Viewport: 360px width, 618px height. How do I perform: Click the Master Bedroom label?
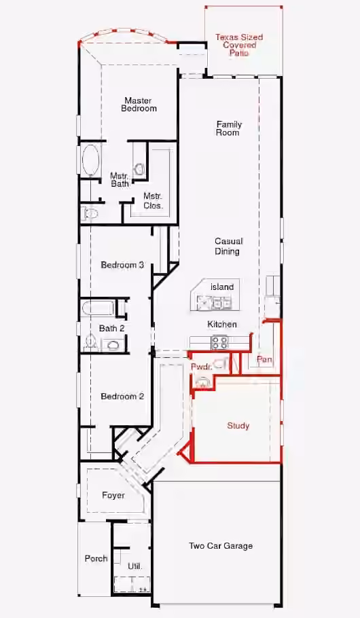pyautogui.click(x=139, y=105)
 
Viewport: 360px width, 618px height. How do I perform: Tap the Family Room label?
pyautogui.click(x=229, y=128)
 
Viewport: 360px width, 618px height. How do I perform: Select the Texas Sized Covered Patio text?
pyautogui.click(x=239, y=45)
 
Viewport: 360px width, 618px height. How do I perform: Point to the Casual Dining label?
pyautogui.click(x=228, y=246)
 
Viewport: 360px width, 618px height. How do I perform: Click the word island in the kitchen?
pyautogui.click(x=222, y=287)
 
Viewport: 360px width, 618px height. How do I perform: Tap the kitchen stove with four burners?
pyautogui.click(x=219, y=342)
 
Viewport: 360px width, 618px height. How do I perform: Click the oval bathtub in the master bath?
pyautogui.click(x=91, y=159)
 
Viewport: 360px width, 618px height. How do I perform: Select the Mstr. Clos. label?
pyautogui.click(x=153, y=200)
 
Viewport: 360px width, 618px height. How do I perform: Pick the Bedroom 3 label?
pyautogui.click(x=122, y=265)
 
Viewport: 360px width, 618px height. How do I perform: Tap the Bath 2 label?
pyautogui.click(x=112, y=328)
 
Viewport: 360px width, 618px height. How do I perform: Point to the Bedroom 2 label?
pyautogui.click(x=122, y=396)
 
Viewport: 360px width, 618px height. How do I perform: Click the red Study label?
pyautogui.click(x=238, y=426)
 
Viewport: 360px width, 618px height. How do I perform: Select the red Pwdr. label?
pyautogui.click(x=202, y=367)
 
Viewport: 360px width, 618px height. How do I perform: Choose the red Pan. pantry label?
pyautogui.click(x=264, y=359)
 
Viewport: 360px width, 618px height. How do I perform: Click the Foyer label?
pyautogui.click(x=113, y=496)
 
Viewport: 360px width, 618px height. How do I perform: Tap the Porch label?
pyautogui.click(x=96, y=558)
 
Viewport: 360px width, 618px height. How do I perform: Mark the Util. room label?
pyautogui.click(x=135, y=566)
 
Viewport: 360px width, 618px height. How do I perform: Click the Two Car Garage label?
pyautogui.click(x=221, y=546)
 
